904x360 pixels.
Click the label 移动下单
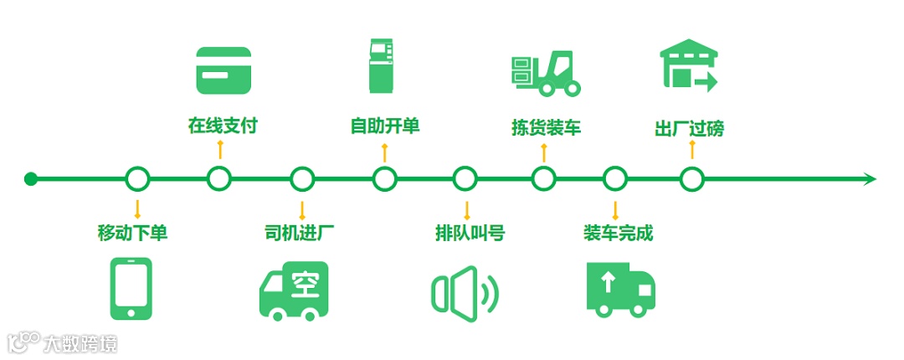(132, 233)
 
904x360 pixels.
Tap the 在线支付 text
(222, 126)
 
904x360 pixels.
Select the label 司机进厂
(300, 233)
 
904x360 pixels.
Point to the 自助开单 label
(384, 126)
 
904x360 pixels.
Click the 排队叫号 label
(470, 233)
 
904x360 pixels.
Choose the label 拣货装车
(546, 127)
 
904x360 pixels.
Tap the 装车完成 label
(618, 233)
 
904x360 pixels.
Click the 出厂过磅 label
(689, 127)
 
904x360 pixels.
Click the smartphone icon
(132, 288)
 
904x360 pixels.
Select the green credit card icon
(223, 69)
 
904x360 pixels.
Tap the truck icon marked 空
(293, 291)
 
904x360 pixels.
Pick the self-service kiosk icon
(383, 64)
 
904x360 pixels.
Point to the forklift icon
(545, 72)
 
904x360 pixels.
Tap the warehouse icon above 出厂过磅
(689, 64)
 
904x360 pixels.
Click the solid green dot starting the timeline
(31, 178)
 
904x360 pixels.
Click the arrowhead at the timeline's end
(870, 178)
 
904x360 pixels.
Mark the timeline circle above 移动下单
(137, 178)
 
